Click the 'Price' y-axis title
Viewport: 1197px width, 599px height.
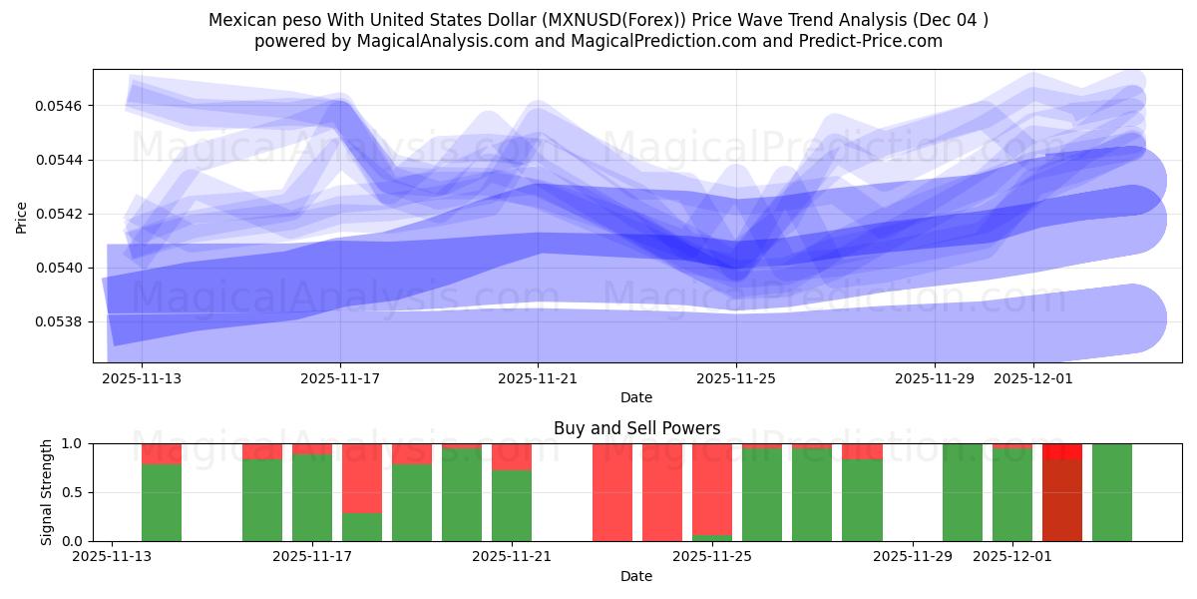click(22, 216)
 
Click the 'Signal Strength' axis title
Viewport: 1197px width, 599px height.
click(47, 492)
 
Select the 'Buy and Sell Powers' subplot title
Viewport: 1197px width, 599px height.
click(636, 428)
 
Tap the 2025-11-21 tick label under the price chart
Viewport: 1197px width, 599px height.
click(539, 378)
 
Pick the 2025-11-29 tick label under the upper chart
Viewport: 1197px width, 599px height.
click(935, 378)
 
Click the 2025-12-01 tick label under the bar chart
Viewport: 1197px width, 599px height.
click(1012, 557)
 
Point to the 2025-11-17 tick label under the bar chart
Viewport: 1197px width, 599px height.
click(313, 557)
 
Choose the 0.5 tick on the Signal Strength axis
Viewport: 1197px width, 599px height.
click(74, 492)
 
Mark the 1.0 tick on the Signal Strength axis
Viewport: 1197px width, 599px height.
click(74, 443)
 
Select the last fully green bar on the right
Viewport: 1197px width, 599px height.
click(1112, 492)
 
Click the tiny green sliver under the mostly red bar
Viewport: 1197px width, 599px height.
click(712, 538)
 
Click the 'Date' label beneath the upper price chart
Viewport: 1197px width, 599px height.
click(636, 397)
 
